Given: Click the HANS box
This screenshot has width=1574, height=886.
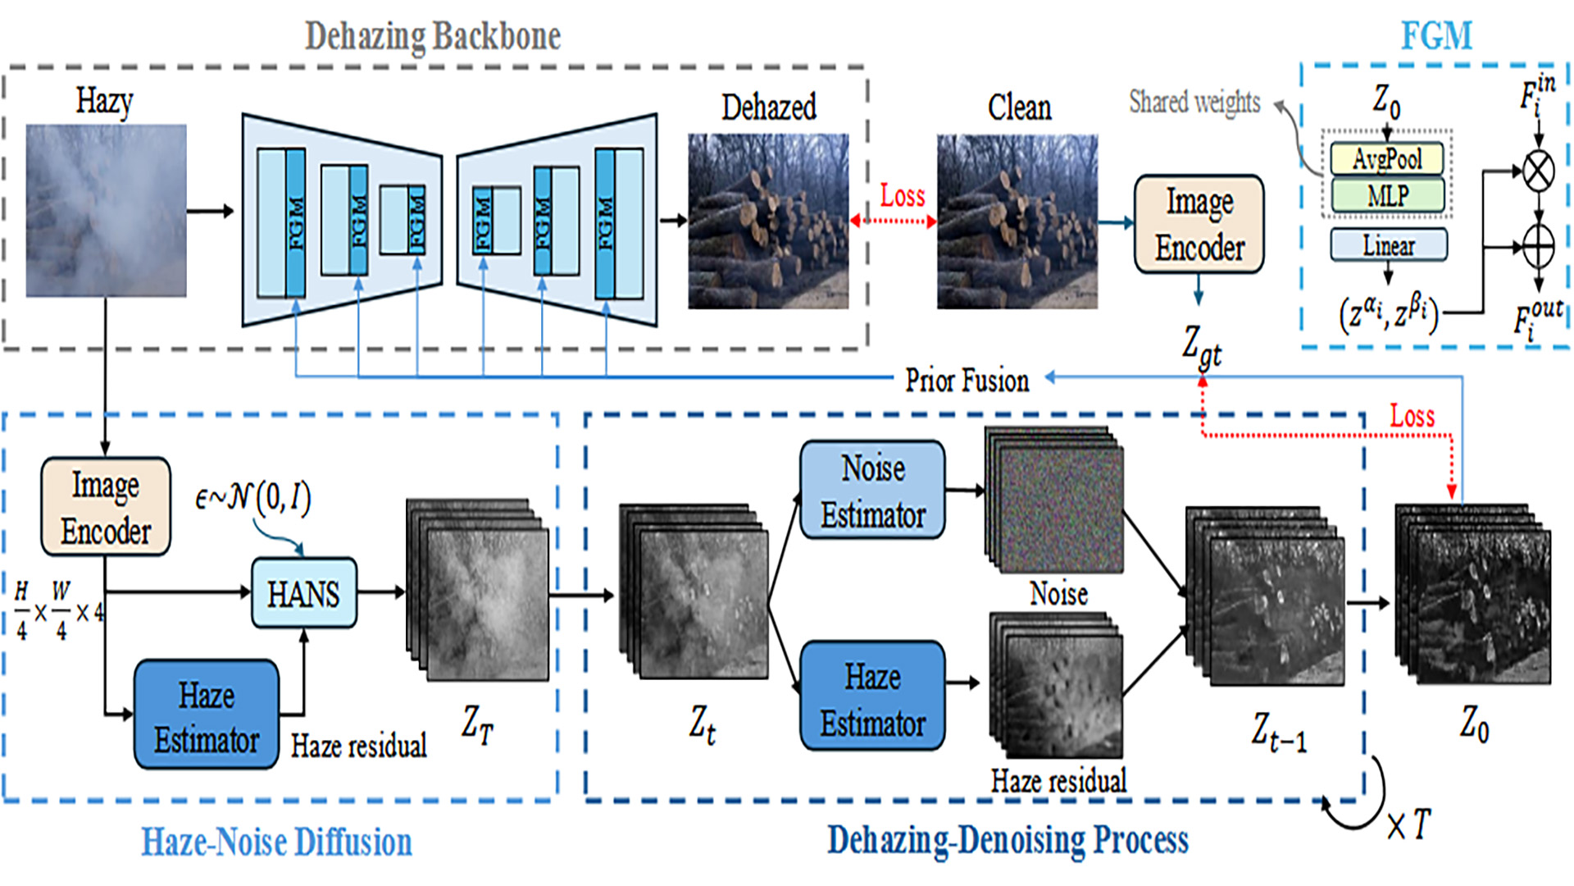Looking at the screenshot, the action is coord(303,593).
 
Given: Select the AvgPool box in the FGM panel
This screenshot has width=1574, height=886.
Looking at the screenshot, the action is coord(1387,158).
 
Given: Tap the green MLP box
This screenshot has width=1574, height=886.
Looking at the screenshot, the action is coord(1387,195).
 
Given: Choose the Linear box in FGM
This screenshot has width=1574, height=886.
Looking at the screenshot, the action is coord(1389,244).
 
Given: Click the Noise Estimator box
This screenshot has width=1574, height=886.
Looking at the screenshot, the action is coord(872,490).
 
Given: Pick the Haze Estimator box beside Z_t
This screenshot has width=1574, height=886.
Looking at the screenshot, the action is coord(872,696).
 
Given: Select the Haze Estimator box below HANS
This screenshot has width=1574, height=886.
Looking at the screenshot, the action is coord(207,715).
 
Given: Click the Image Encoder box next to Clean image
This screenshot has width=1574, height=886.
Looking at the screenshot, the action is coord(1199,224).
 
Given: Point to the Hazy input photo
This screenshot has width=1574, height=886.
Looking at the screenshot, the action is coord(106,211).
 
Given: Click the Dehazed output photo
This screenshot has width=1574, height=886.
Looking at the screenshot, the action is coord(768,221).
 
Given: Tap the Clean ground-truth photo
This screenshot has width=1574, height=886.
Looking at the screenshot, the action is coord(1017,221).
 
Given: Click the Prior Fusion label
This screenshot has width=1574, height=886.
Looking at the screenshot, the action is coord(967,380).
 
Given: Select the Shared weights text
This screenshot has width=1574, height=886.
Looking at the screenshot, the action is coord(1194,102).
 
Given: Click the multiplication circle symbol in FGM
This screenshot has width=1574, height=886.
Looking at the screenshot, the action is coord(1539,171).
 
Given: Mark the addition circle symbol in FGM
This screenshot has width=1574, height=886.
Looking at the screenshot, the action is coord(1539,246).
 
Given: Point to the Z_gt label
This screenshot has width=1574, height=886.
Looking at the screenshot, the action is coord(1202,345).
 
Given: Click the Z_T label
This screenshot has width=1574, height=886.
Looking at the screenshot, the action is coord(477,724).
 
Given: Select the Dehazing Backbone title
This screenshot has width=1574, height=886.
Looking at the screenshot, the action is coord(433,36).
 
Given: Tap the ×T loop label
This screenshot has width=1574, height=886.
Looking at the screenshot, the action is coord(1409,824).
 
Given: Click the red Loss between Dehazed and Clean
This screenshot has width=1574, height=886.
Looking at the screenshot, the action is coord(903,195).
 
